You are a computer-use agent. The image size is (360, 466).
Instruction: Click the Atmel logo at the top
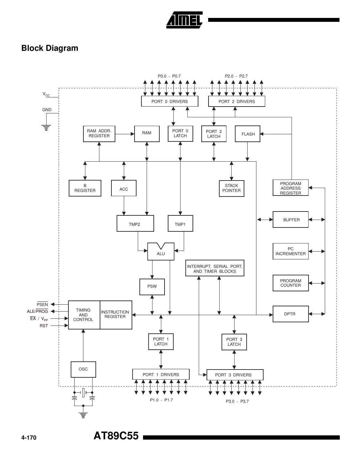pos(184,20)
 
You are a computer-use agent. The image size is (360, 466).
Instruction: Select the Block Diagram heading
pos(50,48)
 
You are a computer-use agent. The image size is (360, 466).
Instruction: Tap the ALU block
pos(161,253)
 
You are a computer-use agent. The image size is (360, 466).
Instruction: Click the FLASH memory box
pos(248,134)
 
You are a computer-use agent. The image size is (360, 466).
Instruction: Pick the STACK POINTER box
pos(231,188)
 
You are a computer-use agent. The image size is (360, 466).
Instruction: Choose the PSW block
pos(152,286)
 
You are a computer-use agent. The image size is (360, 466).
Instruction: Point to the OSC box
pos(83,369)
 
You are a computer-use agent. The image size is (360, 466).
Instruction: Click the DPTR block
pos(290,314)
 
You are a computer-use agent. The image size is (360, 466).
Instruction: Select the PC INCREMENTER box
pos(290,251)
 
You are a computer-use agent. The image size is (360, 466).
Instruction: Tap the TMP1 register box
pos(180,224)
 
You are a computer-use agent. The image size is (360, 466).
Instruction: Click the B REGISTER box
pos(85,188)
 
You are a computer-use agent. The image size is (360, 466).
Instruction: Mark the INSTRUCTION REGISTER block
pos(115,315)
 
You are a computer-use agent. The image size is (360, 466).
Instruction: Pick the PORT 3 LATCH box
pos(234,342)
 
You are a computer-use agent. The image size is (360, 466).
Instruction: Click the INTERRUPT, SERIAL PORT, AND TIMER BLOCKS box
pos(215,269)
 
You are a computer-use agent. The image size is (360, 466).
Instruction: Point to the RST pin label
pos(44,326)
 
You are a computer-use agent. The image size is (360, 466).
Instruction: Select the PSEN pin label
pos(42,304)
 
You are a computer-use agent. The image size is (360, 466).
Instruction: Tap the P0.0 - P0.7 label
pos(169,76)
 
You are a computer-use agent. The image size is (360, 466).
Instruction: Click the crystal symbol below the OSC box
pos(83,392)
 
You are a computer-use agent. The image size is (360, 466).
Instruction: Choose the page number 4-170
pos(29,437)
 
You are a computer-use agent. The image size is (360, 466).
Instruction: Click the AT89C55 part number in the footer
pos(116,436)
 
